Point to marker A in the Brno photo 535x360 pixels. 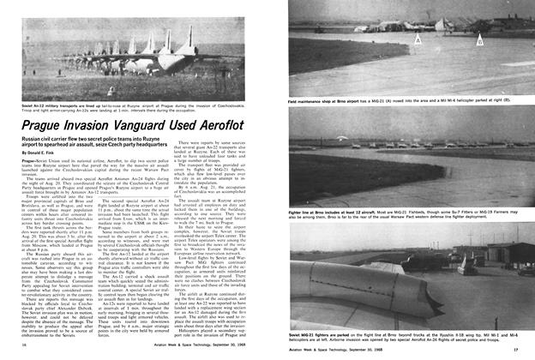coord(418,40)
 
